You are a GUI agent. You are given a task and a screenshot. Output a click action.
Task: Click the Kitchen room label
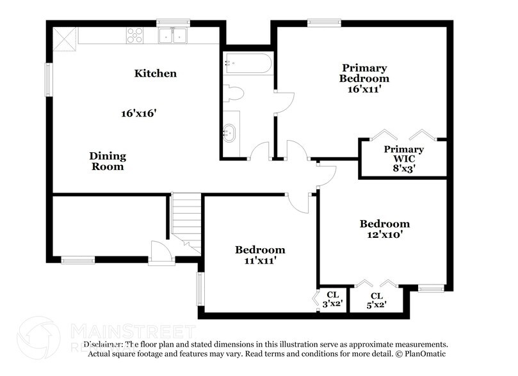(155, 74)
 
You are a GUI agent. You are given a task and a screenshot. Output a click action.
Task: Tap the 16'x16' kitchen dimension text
(139, 113)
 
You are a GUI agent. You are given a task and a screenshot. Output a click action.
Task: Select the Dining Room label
(107, 161)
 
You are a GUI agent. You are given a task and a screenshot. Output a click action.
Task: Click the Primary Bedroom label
(364, 79)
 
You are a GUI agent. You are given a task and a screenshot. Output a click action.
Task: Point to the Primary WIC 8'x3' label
(403, 158)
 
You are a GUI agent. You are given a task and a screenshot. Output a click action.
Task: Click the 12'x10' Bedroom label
(384, 229)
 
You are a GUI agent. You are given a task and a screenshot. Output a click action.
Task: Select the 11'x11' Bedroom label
(259, 255)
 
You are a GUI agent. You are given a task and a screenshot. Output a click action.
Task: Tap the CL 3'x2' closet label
(332, 300)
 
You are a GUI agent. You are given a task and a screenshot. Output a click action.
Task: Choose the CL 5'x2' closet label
(376, 301)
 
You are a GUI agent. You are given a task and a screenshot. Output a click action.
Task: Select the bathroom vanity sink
(230, 134)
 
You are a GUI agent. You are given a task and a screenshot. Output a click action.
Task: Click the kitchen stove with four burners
(135, 35)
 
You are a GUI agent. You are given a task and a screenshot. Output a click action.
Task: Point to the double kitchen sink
(172, 36)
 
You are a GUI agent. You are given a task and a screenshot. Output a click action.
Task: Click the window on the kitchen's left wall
(48, 79)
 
